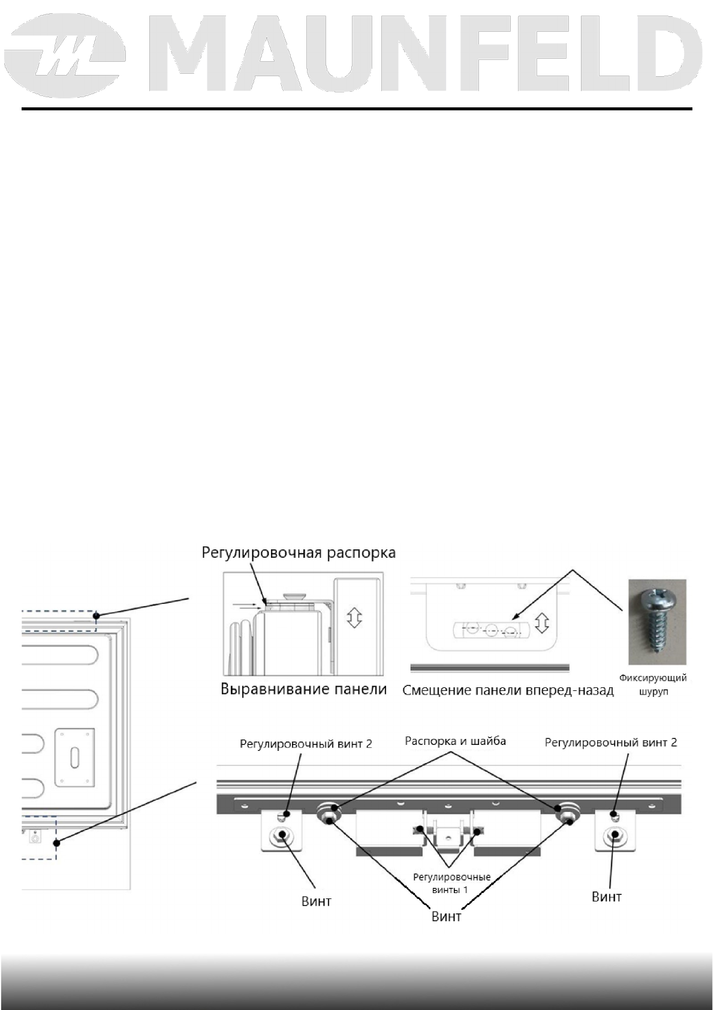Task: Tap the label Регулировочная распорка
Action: click(299, 552)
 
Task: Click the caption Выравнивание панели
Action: click(303, 689)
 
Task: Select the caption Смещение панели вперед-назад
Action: click(508, 690)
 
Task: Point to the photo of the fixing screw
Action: click(656, 622)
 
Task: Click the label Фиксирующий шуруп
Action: click(653, 684)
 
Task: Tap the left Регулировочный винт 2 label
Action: click(306, 744)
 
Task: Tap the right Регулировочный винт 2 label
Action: click(610, 743)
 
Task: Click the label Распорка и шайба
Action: click(455, 741)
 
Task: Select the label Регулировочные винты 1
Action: click(451, 883)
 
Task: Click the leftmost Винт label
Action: click(316, 901)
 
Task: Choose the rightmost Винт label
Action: click(606, 897)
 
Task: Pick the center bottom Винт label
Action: click(447, 916)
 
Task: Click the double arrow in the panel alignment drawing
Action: click(354, 617)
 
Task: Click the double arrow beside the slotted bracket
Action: click(542, 623)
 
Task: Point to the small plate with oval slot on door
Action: click(74, 757)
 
